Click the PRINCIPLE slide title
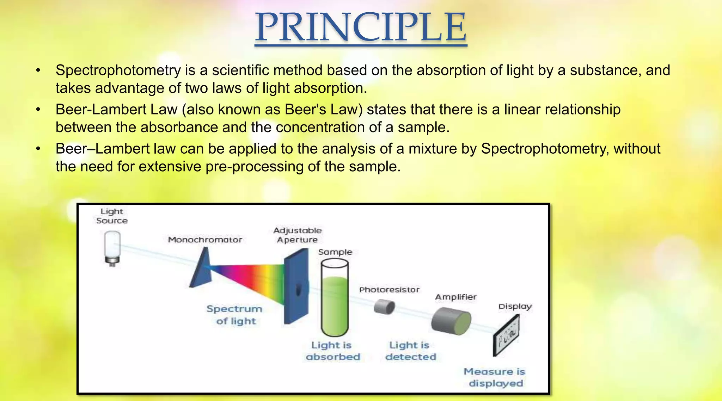point(361,27)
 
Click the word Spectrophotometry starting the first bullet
point(118,70)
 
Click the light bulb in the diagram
point(112,246)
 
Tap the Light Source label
point(112,216)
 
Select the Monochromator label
point(205,240)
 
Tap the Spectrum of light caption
point(235,315)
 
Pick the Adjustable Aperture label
point(298,235)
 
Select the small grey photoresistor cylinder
point(384,307)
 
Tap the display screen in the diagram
point(507,335)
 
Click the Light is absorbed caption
point(332,351)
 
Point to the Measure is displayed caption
point(495,377)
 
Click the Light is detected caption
point(410,351)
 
